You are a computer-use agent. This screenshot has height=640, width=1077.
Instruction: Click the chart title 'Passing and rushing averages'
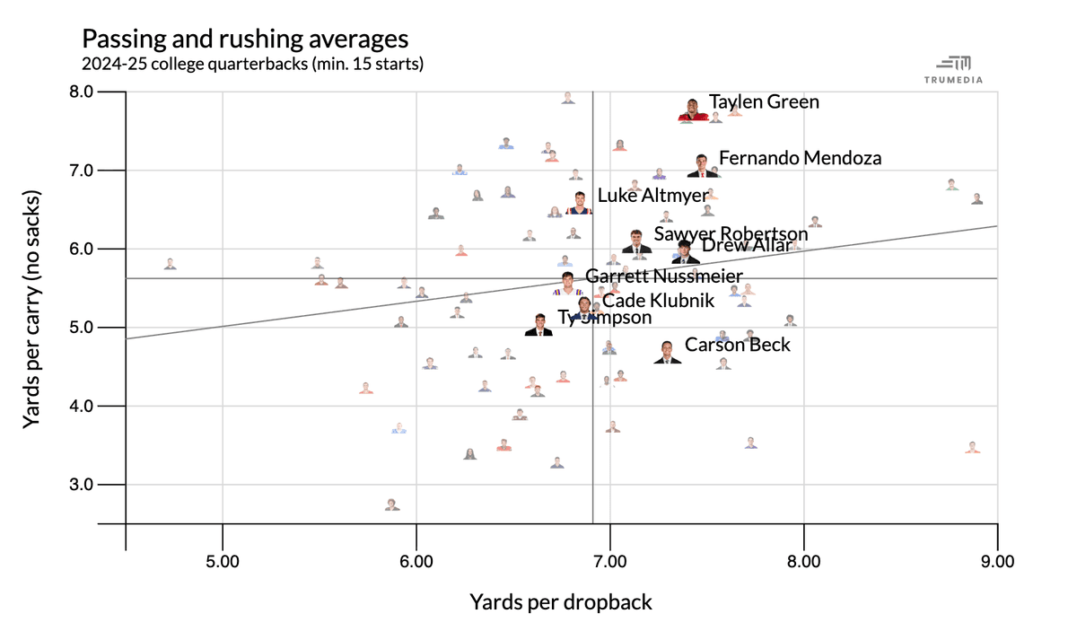(x=245, y=39)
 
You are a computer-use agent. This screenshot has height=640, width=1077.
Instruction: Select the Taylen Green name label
(x=764, y=102)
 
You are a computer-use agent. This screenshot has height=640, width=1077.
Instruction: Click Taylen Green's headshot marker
(x=693, y=110)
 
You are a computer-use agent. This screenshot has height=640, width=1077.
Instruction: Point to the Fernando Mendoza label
(x=801, y=159)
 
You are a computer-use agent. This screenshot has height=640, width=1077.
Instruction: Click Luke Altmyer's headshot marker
(x=580, y=201)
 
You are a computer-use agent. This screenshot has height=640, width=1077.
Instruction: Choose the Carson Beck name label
(x=738, y=345)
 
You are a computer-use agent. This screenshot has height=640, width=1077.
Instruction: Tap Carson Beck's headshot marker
(x=667, y=352)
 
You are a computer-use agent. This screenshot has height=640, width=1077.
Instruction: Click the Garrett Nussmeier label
(x=664, y=277)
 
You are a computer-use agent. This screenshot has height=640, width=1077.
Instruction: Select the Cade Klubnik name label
(x=658, y=302)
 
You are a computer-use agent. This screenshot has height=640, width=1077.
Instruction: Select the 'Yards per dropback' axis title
(x=561, y=602)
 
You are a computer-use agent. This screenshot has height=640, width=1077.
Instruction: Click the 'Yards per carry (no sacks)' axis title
(x=33, y=308)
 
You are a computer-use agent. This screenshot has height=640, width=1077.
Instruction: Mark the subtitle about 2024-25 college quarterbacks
(x=252, y=65)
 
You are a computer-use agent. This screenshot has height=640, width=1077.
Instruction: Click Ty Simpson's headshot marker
(x=539, y=325)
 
